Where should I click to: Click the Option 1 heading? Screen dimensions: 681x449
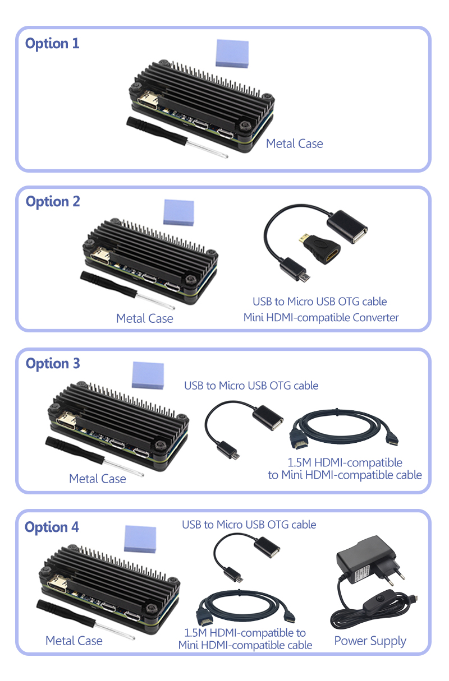tap(52, 44)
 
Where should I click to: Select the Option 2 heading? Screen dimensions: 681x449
tap(53, 202)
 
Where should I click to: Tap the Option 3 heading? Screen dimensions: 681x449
tap(53, 364)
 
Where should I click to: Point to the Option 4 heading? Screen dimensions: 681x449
tap(52, 527)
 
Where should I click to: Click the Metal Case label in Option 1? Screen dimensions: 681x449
tap(294, 144)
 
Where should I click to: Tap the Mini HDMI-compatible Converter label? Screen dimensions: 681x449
tap(320, 318)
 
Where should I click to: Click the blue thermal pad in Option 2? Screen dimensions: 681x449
tap(178, 213)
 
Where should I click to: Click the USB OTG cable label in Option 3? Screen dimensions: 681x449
tap(251, 386)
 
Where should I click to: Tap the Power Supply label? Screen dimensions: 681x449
tap(370, 641)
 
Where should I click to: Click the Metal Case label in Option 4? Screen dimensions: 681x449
tap(74, 641)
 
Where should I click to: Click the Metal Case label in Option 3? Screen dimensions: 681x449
tap(97, 479)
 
